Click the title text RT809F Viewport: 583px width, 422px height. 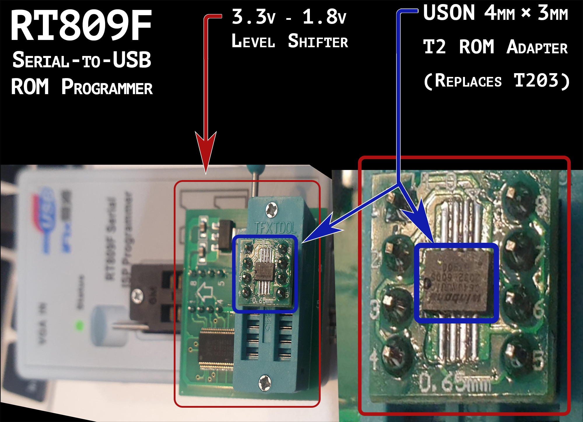click(x=81, y=26)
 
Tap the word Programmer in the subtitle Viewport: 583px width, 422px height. click(x=107, y=87)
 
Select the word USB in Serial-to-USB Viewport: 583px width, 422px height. click(x=132, y=60)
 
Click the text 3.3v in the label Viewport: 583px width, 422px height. click(x=253, y=17)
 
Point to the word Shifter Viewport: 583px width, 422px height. click(x=318, y=41)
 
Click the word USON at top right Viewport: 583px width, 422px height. click(x=449, y=13)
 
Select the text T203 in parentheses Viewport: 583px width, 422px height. click(x=536, y=81)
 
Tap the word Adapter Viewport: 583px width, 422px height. click(x=537, y=47)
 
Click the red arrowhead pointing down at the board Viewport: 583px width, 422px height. click(x=206, y=152)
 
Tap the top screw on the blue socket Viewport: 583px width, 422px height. click(x=272, y=210)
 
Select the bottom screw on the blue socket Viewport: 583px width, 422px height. click(x=265, y=382)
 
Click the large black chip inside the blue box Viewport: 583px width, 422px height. click(x=456, y=283)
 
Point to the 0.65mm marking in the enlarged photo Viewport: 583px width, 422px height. click(x=455, y=383)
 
